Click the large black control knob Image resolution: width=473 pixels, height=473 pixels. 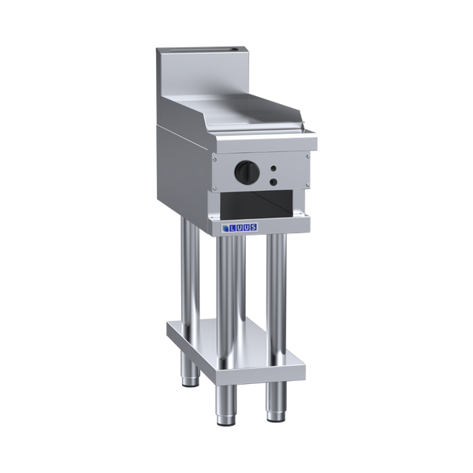tap(247, 172)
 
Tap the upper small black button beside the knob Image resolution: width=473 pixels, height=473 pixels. tap(274, 169)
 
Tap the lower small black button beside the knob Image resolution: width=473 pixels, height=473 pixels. tap(274, 182)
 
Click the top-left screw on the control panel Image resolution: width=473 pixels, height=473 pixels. tap(214, 159)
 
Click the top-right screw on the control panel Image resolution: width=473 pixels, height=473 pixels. tap(307, 156)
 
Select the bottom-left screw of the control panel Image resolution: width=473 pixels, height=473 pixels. tap(214, 188)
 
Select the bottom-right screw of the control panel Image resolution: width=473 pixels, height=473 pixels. tap(307, 184)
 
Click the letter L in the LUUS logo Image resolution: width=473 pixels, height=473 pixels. tap(233, 229)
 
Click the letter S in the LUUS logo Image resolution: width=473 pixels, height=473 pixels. tap(253, 227)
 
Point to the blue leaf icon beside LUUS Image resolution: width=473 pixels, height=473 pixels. tap(225, 229)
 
